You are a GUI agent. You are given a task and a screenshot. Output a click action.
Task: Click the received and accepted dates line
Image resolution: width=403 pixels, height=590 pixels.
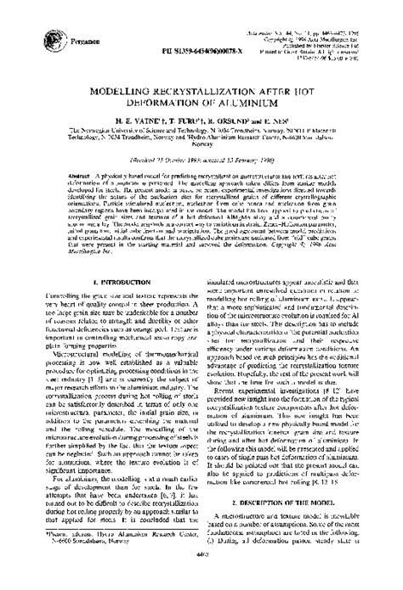[201, 159]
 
